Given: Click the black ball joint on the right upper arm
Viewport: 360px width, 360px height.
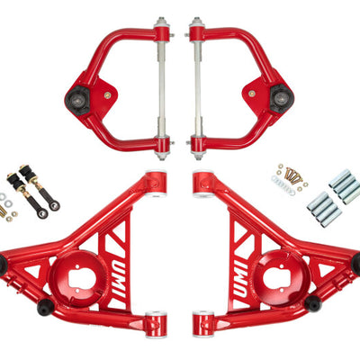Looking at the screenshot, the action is (282, 98).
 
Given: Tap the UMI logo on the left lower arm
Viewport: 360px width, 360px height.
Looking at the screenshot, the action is (120, 278).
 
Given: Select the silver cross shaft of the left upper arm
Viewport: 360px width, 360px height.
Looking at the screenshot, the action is (161, 88).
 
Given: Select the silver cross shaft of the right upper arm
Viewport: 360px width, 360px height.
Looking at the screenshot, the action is (197, 88).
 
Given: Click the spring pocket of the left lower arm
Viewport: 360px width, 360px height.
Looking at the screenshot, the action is (77, 278).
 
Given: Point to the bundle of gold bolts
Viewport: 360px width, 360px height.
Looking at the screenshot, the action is (292, 175).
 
